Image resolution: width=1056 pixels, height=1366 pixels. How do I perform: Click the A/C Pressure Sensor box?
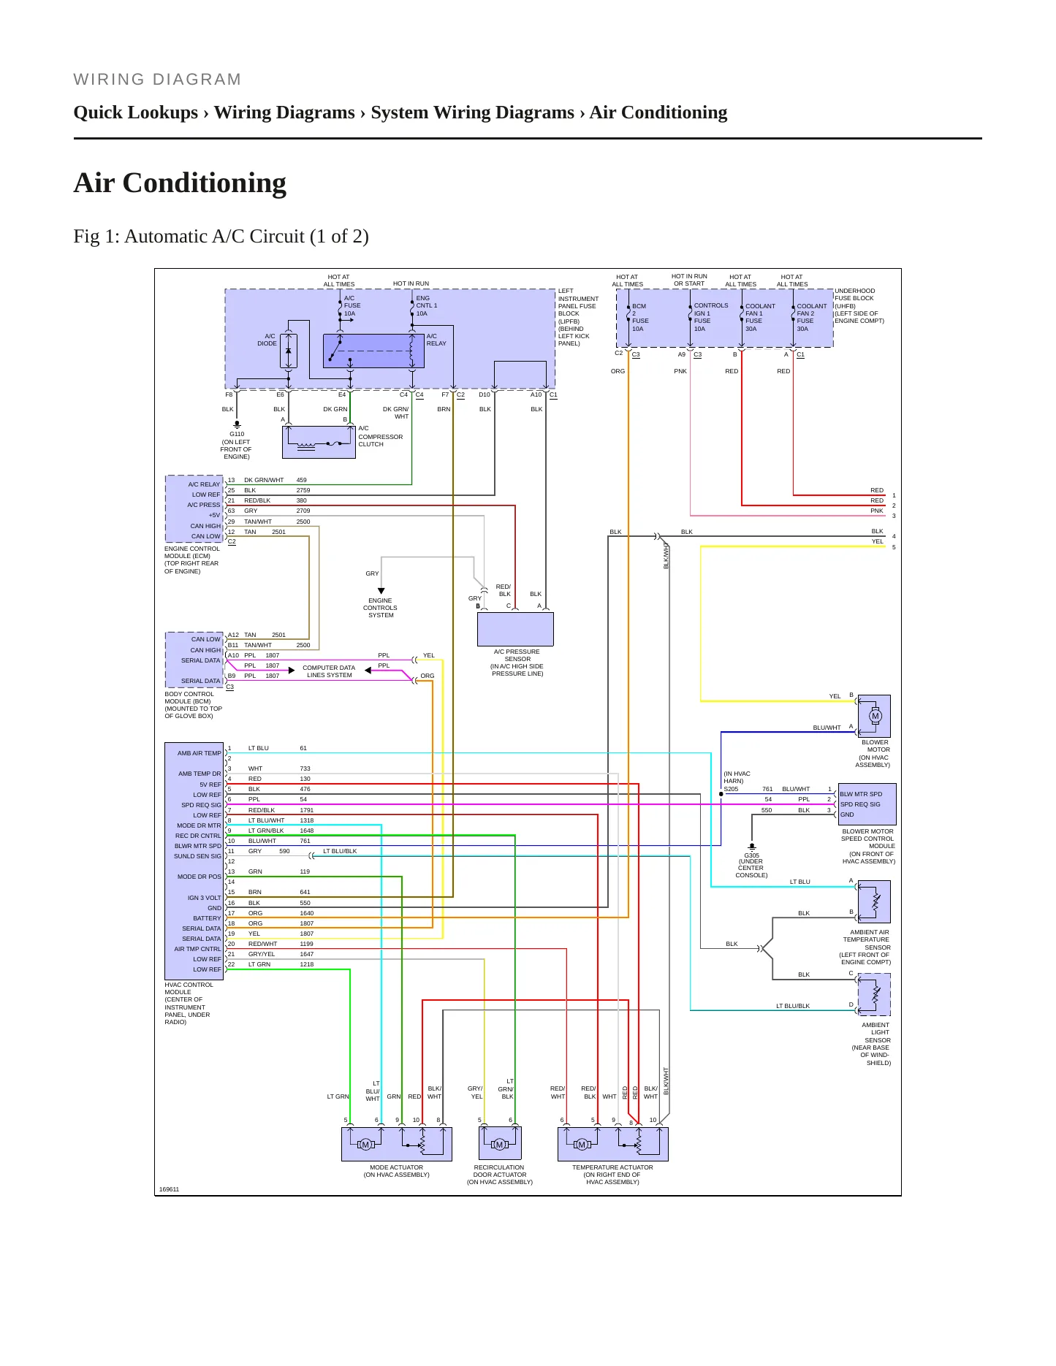(515, 629)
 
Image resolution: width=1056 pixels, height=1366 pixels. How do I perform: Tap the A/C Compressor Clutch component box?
(319, 442)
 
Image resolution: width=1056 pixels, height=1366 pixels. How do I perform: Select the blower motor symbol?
(874, 716)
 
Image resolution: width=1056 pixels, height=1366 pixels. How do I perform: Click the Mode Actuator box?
(397, 1144)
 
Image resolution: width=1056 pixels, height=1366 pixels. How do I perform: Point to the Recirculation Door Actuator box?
(500, 1143)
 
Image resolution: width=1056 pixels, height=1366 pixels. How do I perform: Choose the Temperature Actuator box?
(613, 1144)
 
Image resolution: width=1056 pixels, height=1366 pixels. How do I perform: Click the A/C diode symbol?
(288, 351)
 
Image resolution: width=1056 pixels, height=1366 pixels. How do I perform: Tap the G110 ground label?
(237, 434)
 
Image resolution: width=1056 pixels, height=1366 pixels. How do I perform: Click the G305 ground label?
(751, 855)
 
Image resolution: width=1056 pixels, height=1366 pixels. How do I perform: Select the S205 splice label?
(731, 789)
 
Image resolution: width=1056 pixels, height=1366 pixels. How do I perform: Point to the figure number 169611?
(169, 1189)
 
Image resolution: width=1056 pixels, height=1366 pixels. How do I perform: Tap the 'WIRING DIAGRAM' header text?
(157, 80)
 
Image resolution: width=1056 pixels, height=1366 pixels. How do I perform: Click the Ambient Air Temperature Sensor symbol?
(874, 901)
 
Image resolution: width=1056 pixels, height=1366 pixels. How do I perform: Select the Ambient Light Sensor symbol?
(874, 994)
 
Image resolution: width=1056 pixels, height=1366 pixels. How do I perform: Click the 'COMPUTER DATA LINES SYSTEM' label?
(329, 671)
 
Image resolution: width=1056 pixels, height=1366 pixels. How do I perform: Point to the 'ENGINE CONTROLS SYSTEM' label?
(381, 608)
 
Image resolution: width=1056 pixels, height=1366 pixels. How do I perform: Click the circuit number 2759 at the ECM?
(303, 490)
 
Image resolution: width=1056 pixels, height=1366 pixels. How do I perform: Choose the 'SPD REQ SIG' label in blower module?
(860, 804)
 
